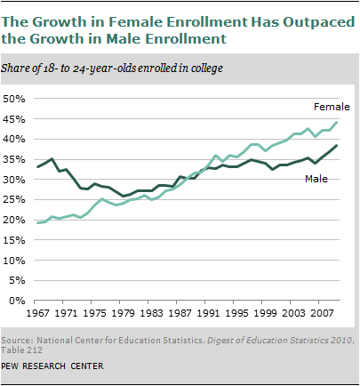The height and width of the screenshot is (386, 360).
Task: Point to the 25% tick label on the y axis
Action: pos(15,199)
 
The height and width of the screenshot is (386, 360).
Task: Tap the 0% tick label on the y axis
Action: pos(19,301)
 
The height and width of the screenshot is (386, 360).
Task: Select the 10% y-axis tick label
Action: pos(15,260)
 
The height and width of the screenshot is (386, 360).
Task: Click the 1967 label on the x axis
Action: pos(37,314)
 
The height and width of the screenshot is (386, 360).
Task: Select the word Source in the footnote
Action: pos(21,341)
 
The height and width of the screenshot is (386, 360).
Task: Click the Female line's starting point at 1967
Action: pos(37,223)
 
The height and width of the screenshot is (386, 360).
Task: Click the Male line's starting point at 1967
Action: pos(37,167)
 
